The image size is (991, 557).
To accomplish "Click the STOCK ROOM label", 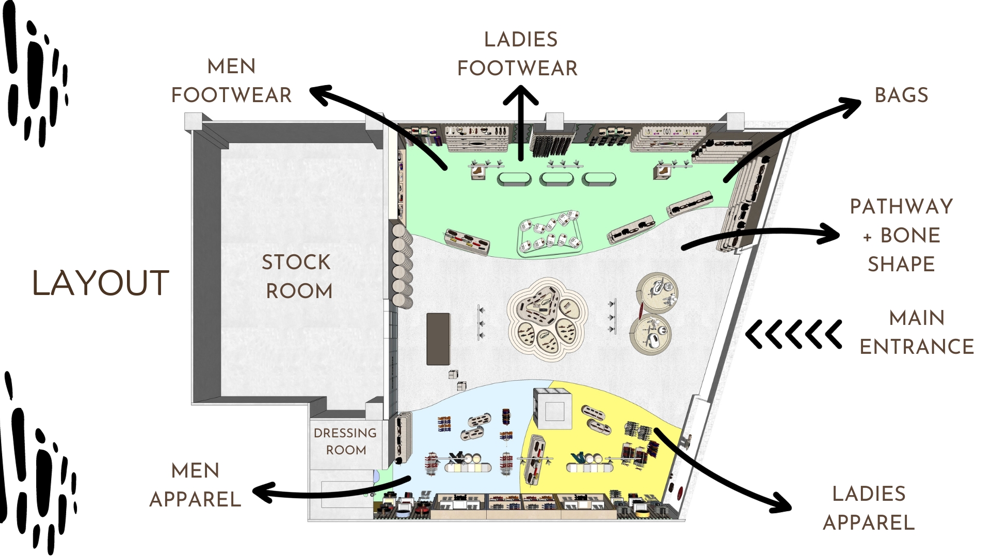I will click(297, 276).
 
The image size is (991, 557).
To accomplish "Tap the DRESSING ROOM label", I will click(345, 441).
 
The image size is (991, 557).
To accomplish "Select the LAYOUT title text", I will click(101, 283).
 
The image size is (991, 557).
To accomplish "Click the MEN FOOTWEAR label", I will click(231, 81).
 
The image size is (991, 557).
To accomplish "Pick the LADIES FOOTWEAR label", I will click(518, 54).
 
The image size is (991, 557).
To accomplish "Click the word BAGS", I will click(901, 95).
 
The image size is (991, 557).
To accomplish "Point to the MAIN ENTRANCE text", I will click(916, 332).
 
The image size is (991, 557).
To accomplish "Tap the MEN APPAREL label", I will click(195, 485).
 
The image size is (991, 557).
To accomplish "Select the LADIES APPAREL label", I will click(869, 508).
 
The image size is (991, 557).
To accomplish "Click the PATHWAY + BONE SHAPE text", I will click(901, 235).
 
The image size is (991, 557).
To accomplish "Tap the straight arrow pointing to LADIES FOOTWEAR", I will click(521, 124).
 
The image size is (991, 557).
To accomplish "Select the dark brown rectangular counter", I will click(438, 339).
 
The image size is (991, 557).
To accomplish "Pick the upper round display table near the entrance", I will click(657, 293).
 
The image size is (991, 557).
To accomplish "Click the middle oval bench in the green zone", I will click(556, 179).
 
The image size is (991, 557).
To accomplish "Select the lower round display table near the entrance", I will click(650, 334).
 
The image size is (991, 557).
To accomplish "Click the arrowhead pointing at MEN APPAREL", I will click(262, 493).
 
